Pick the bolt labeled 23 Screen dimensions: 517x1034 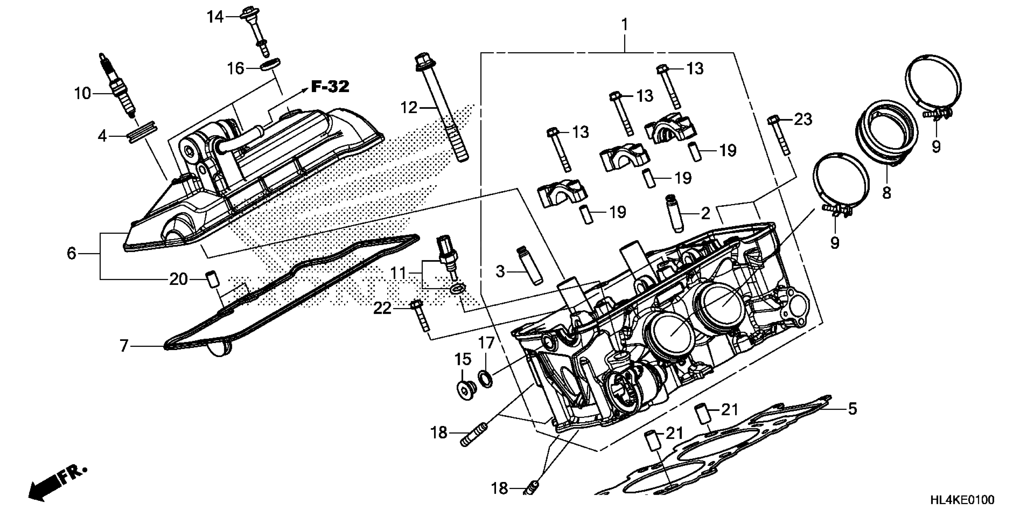pyautogui.click(x=779, y=137)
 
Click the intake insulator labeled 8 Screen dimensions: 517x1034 pyautogui.click(x=886, y=137)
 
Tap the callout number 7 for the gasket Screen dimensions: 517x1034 pyautogui.click(x=124, y=345)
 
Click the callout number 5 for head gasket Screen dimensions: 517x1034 pyautogui.click(x=852, y=409)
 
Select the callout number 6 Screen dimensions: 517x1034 pyautogui.click(x=71, y=253)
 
